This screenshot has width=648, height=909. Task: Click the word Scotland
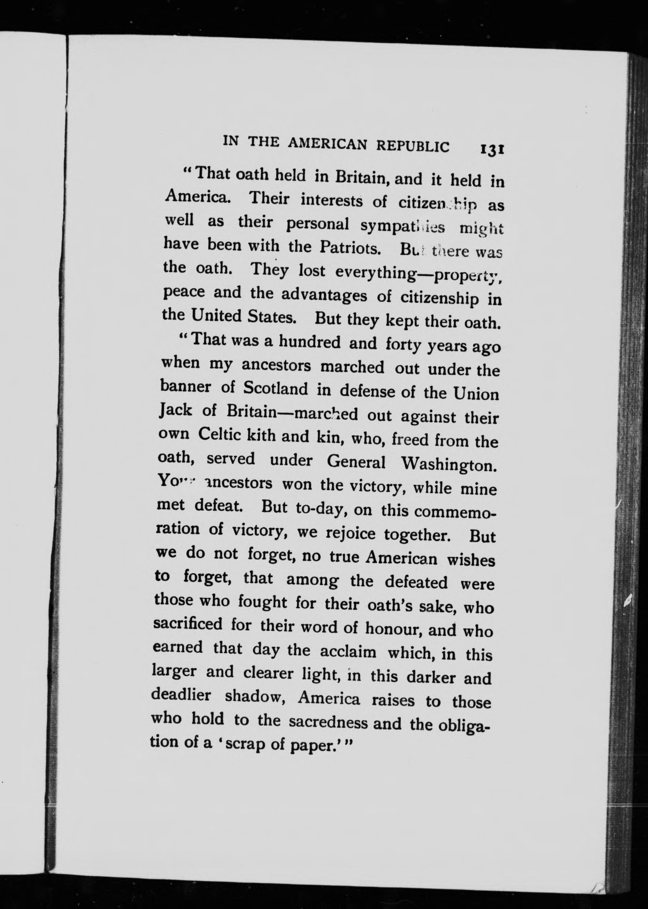coord(275,389)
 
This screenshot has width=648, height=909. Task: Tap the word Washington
coord(449,463)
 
